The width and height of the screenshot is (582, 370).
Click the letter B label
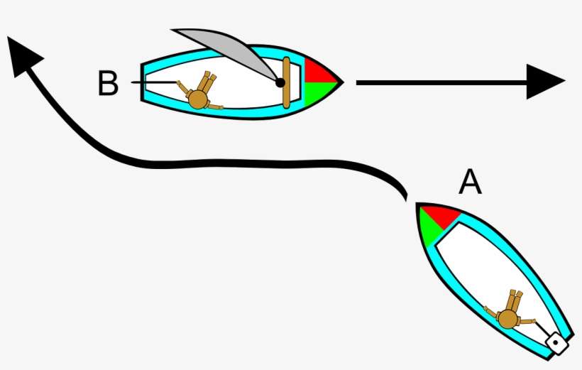pyautogui.click(x=108, y=83)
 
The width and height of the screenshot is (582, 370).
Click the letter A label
pyautogui.click(x=471, y=182)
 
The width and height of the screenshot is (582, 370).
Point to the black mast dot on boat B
pyautogui.click(x=280, y=82)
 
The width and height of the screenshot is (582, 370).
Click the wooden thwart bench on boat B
pyautogui.click(x=286, y=82)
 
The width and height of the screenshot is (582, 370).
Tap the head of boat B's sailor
pyautogui.click(x=197, y=99)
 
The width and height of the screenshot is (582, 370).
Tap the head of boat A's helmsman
pyautogui.click(x=507, y=319)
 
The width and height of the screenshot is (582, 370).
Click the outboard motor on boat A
pyautogui.click(x=556, y=343)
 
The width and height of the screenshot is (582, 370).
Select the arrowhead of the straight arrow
pyautogui.click(x=546, y=82)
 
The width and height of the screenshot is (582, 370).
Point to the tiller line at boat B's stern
pyautogui.click(x=154, y=82)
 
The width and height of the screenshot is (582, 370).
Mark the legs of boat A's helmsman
pyautogui.click(x=515, y=300)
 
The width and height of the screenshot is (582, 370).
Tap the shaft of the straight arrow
pyautogui.click(x=441, y=82)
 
